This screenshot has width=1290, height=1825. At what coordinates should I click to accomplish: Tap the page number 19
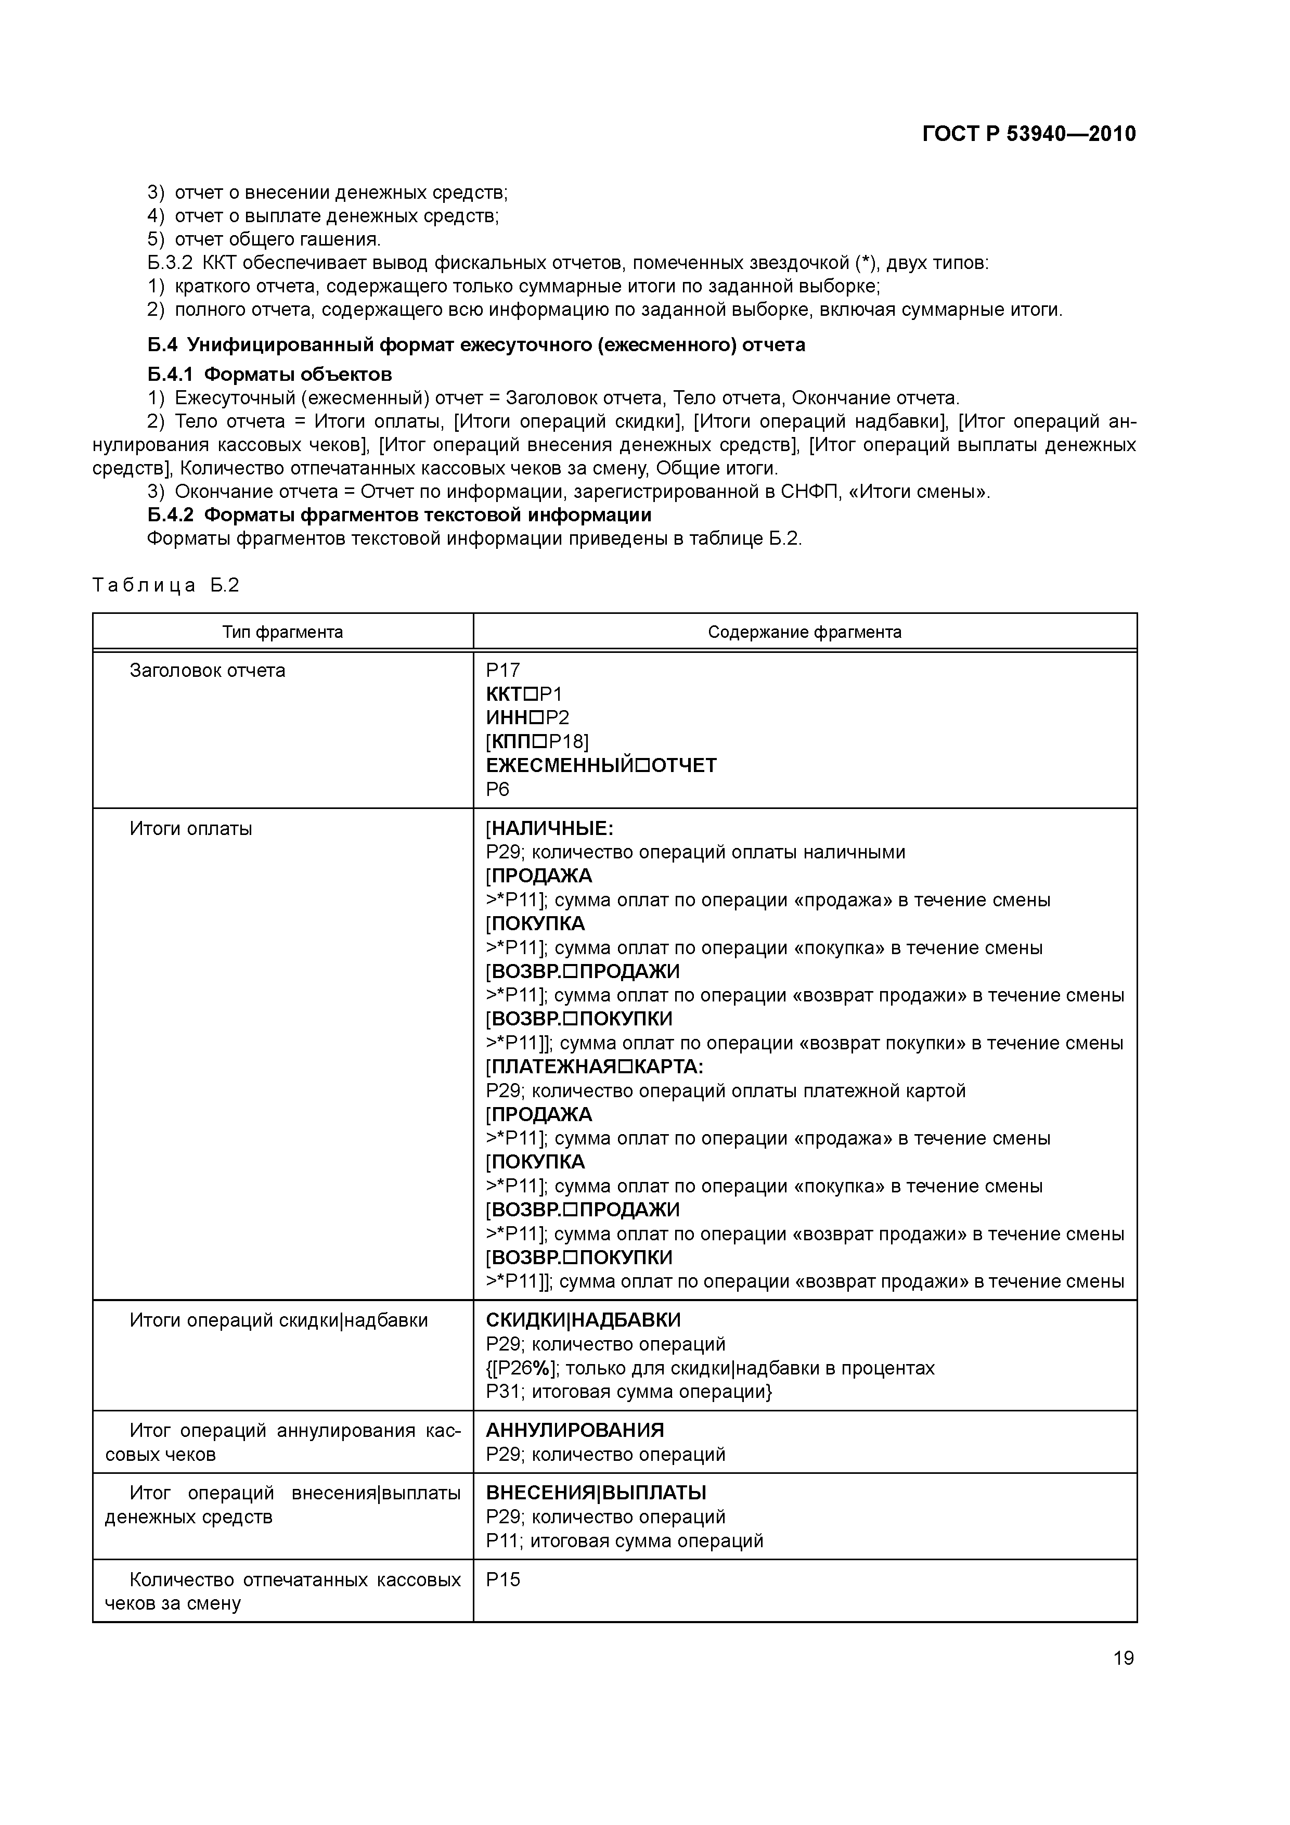1123,1658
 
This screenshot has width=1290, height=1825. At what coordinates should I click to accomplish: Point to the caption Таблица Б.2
165,586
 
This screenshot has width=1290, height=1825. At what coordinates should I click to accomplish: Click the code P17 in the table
502,670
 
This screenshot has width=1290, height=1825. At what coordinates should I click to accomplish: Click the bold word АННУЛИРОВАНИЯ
575,1430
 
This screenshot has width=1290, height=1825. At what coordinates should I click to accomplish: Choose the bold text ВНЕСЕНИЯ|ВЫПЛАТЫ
596,1492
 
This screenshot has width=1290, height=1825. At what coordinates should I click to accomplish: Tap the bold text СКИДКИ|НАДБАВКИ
584,1320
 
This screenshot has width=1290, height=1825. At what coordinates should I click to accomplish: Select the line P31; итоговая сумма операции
629,1392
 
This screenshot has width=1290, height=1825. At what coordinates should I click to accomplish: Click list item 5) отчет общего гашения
265,239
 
